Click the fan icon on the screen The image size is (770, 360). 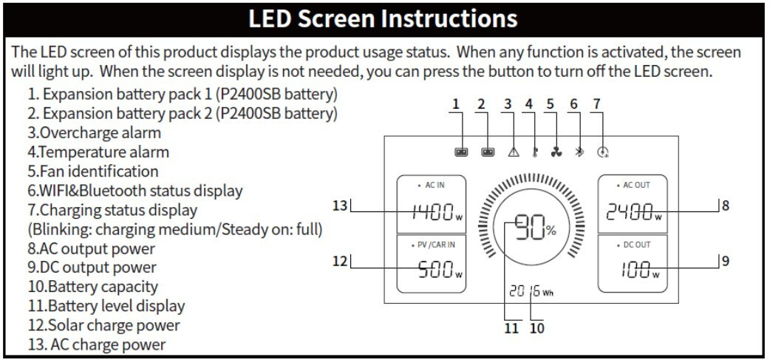[556, 152]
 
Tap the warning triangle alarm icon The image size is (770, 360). [513, 152]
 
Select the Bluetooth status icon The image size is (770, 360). [580, 152]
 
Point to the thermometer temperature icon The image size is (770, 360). [534, 152]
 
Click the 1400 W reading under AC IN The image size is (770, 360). [437, 212]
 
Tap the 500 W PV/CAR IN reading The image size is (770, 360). [440, 270]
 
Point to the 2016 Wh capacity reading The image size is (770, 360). [531, 291]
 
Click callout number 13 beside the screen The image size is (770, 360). [340, 206]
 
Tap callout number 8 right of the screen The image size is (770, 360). [726, 206]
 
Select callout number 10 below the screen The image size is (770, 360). [537, 328]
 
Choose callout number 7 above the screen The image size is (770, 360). [596, 104]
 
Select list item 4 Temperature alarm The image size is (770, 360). [98, 152]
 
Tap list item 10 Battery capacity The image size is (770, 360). [93, 287]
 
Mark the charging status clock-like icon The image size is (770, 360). [603, 152]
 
